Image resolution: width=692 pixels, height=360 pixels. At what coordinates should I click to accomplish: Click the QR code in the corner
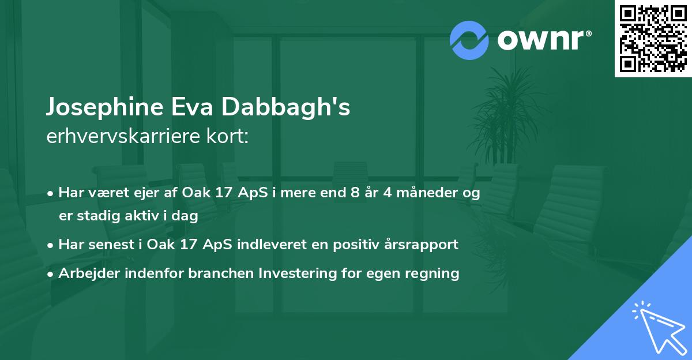653,38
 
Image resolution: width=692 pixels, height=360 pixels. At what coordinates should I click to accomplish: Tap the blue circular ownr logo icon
469,40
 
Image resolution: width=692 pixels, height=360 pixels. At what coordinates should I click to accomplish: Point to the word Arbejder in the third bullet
84,273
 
